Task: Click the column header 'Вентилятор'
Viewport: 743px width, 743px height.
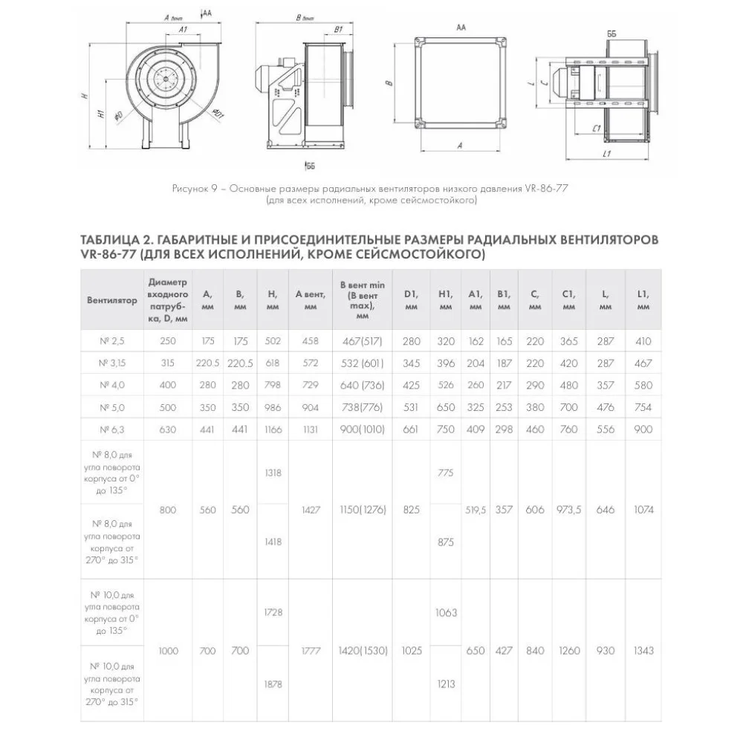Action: tap(111, 300)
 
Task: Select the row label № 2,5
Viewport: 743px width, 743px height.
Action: tap(111, 342)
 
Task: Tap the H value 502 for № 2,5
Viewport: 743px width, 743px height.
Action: tap(273, 342)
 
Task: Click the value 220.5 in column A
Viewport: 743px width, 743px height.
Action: tap(207, 363)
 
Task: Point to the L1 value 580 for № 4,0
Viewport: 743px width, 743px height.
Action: tap(643, 385)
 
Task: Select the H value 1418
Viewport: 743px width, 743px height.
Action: tap(273, 542)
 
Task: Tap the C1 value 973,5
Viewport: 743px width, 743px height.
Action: tap(568, 510)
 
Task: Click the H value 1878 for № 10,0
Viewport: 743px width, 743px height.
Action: tap(273, 684)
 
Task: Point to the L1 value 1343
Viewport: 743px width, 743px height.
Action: tap(643, 651)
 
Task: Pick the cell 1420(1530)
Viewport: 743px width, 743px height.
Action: tap(363, 651)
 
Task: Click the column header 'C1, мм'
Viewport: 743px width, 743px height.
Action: tap(568, 300)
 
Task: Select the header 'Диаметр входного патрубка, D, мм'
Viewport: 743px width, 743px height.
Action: tap(169, 300)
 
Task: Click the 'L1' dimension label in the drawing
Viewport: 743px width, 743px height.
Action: tap(606, 154)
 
